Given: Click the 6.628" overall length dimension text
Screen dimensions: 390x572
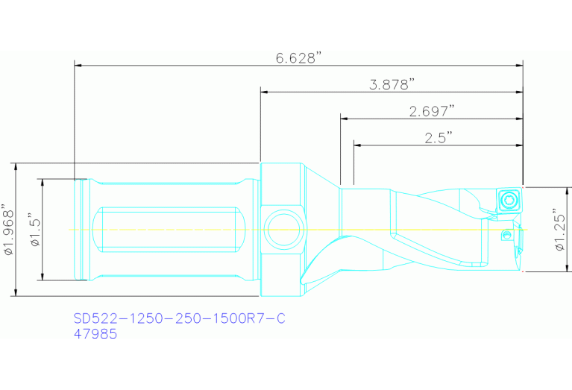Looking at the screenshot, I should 298,59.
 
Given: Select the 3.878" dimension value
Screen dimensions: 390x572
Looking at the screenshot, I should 392,85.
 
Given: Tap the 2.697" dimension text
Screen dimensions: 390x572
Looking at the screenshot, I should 432,111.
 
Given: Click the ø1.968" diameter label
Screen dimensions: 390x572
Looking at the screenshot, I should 8,230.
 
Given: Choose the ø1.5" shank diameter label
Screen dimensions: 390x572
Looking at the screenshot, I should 34,230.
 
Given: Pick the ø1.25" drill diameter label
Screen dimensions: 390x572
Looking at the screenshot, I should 561,230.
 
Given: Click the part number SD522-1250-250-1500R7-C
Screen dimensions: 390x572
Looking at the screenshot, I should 179,319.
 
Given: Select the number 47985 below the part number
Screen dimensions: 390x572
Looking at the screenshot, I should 95,335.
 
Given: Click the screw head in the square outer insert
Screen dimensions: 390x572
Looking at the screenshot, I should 509,200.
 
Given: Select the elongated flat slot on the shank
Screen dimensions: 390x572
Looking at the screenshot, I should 169,230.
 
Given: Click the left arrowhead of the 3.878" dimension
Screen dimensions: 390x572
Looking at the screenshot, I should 263,92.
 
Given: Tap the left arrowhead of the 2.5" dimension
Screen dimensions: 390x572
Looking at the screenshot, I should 356,144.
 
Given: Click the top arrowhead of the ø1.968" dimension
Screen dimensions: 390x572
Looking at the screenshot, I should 16,166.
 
